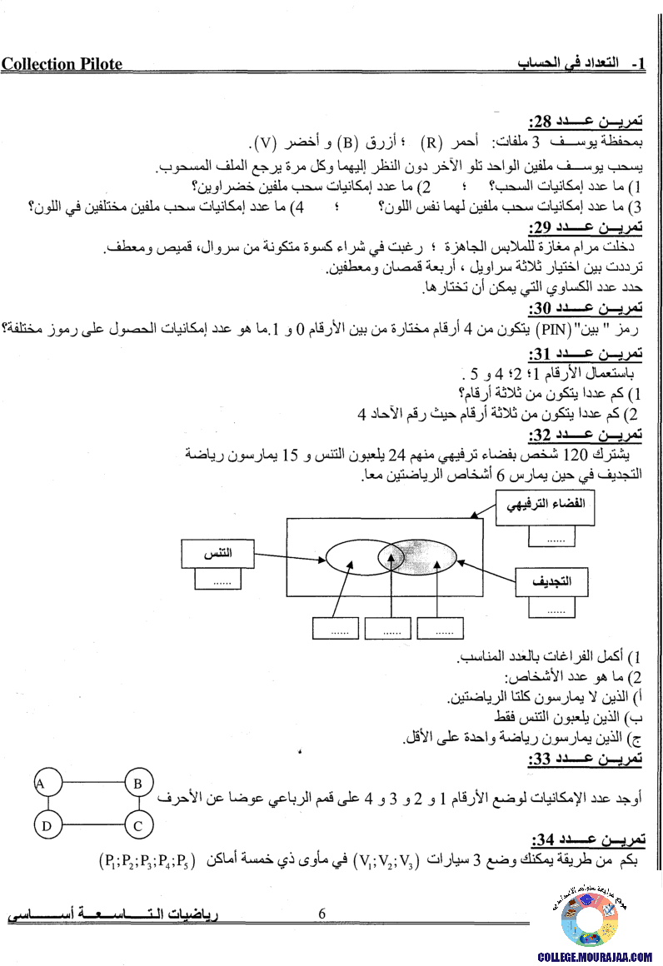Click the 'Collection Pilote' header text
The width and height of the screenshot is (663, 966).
[62, 64]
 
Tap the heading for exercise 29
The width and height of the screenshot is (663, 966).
[586, 227]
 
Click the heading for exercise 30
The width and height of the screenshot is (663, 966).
[586, 308]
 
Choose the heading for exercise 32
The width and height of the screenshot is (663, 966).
[586, 436]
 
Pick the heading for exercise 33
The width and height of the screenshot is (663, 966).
[586, 759]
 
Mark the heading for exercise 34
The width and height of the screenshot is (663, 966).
[586, 837]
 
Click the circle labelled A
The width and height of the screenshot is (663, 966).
[40, 784]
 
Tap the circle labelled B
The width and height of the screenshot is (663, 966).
[137, 784]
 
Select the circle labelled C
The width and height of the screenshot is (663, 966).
[137, 825]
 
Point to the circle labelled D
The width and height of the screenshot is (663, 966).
[47, 825]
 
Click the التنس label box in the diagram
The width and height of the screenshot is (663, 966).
[217, 553]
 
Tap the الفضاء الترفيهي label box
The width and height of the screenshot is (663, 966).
[546, 505]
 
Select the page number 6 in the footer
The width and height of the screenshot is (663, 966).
[322, 914]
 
